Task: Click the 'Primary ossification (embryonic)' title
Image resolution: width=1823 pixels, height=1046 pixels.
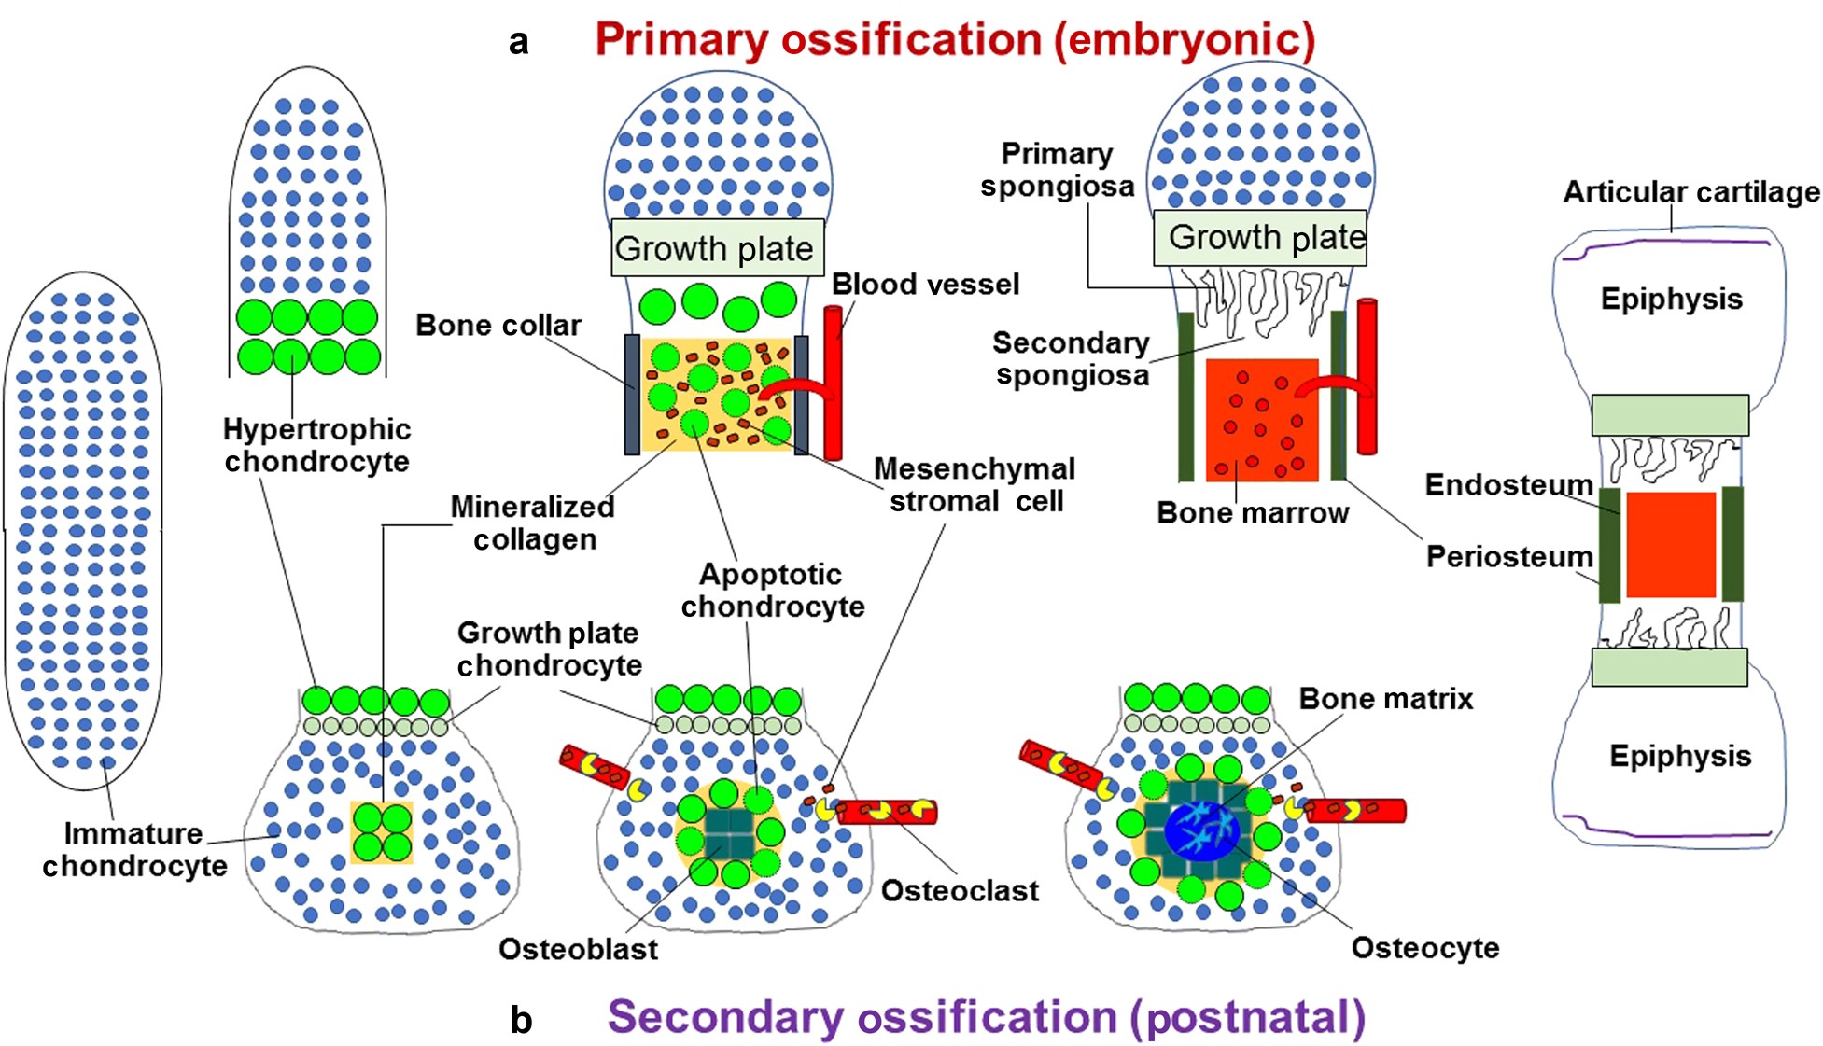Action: tap(954, 40)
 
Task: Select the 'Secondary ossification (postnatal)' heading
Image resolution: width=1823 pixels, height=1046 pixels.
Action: tap(986, 1017)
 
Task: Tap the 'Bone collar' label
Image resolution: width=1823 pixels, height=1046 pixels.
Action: tap(498, 325)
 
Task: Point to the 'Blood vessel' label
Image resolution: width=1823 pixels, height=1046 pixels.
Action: tap(925, 284)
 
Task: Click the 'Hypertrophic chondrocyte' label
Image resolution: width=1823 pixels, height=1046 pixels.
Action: tap(316, 445)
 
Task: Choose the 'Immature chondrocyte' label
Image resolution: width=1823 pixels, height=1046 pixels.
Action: tap(134, 849)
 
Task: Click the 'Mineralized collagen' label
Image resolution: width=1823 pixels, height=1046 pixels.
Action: tap(533, 523)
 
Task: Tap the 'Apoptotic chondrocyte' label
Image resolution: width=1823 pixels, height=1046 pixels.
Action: tap(772, 590)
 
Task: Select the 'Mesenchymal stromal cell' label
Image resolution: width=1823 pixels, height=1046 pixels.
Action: tap(975, 484)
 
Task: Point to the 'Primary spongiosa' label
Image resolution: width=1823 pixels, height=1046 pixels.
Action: tap(1057, 170)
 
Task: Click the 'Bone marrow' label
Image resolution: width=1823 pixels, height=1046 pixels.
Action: tap(1252, 512)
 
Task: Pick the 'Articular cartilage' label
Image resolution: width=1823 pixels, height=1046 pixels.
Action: tap(1690, 192)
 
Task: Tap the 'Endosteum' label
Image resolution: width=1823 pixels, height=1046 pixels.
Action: tap(1508, 484)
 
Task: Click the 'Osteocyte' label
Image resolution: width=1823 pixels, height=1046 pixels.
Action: tap(1424, 948)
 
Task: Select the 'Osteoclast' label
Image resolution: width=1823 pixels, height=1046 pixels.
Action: tap(959, 891)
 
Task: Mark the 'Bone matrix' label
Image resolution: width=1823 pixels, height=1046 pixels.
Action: tap(1385, 699)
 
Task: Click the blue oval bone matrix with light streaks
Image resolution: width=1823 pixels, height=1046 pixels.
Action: tap(1201, 830)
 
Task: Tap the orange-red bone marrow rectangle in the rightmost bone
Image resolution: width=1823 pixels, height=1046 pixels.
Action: tap(1671, 545)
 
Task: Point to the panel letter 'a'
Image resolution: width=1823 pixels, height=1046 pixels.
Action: tap(519, 42)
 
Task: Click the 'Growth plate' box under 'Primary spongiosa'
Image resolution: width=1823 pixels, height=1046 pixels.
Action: tap(1259, 237)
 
